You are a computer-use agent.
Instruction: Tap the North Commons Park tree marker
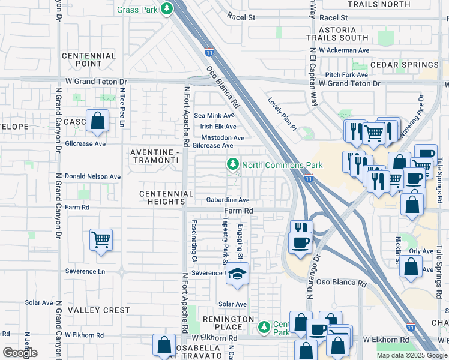[x=232, y=164]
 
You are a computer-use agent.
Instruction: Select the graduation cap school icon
[x=238, y=274]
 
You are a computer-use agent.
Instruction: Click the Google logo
[x=20, y=353]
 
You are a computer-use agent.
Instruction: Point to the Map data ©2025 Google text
[x=412, y=355]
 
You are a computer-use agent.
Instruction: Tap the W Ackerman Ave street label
[x=344, y=50]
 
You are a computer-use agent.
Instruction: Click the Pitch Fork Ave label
[x=346, y=74]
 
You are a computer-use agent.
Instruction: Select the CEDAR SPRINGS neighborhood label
[x=404, y=65]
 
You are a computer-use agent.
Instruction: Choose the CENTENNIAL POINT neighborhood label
[x=89, y=59]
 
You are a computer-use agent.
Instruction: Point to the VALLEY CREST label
[x=99, y=310]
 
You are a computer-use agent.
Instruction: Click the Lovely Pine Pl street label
[x=282, y=114]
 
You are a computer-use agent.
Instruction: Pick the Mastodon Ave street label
[x=222, y=138]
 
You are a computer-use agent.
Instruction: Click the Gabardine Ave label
[x=228, y=200]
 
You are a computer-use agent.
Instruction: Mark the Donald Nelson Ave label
[x=93, y=177]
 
